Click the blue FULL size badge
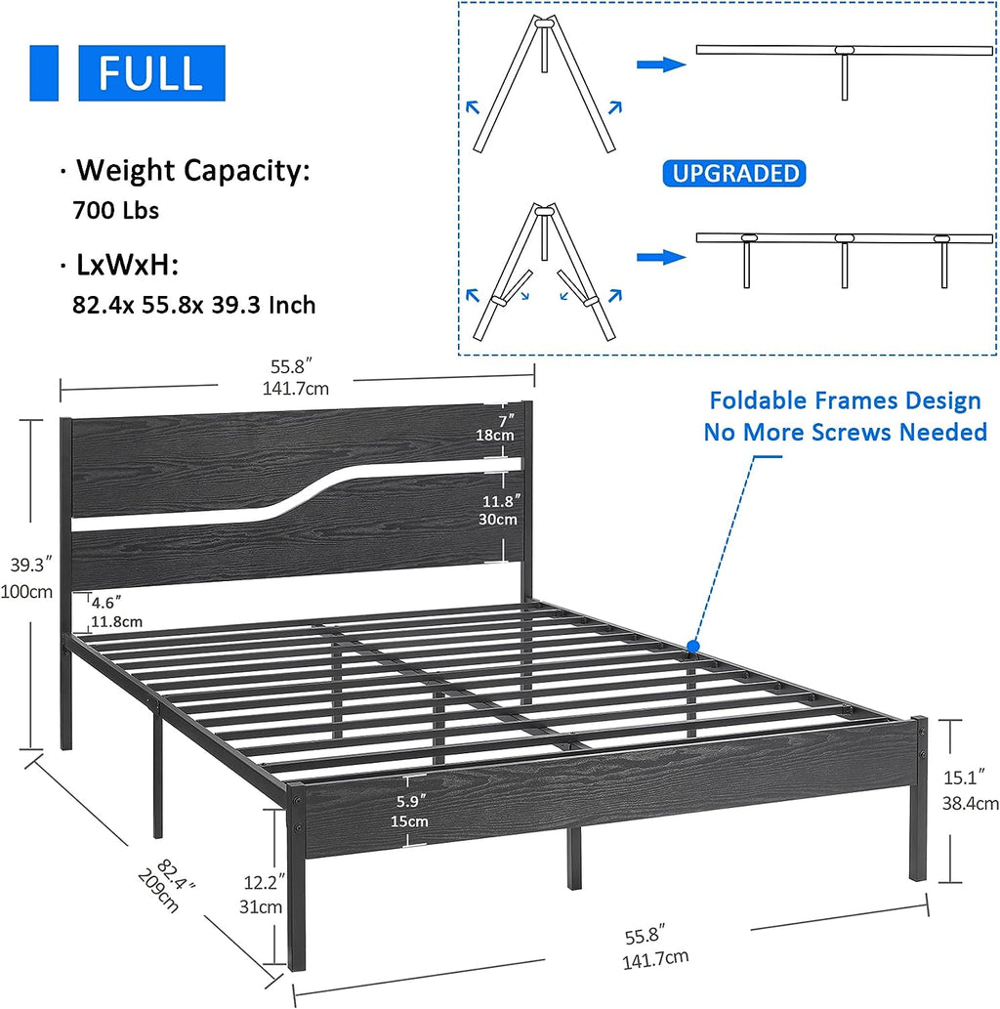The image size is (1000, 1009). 151,72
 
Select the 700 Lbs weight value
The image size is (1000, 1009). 115,210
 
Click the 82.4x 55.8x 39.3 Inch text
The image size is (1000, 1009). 193,306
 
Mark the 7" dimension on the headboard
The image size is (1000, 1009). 503,421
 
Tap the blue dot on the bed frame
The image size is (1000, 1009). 692,646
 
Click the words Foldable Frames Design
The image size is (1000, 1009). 845,400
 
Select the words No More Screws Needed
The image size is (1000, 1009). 845,432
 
